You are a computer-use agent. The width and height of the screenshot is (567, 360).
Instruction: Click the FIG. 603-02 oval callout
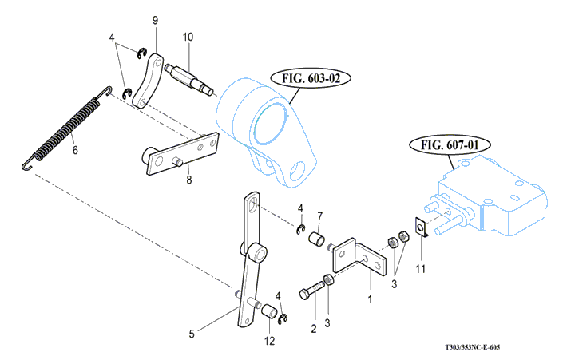(x=311, y=78)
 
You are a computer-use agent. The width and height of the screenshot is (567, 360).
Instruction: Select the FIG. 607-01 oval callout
(x=450, y=145)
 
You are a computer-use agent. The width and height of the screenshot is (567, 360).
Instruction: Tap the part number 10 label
(x=188, y=37)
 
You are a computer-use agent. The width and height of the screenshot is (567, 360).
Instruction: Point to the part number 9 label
(x=155, y=20)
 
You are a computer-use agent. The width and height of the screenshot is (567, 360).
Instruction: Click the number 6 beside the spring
(x=75, y=149)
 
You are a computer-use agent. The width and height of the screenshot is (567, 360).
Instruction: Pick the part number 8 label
(x=188, y=180)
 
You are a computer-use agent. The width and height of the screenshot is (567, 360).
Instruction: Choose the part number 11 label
(x=420, y=269)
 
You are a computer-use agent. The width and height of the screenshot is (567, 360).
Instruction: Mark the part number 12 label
(x=269, y=341)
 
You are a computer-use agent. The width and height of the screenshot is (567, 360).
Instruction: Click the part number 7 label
(x=319, y=216)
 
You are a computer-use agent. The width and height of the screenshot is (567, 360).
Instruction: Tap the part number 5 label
(x=192, y=334)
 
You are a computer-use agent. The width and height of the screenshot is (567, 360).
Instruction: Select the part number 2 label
(x=314, y=329)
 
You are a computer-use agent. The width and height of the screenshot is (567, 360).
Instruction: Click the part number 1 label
(x=370, y=299)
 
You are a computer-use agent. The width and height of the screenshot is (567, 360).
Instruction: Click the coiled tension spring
(x=66, y=128)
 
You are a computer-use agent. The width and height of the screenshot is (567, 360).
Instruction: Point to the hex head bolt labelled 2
(x=312, y=290)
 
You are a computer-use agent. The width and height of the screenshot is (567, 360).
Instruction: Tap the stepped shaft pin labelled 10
(x=188, y=80)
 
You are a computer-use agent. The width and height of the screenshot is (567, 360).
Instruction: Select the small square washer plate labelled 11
(x=422, y=227)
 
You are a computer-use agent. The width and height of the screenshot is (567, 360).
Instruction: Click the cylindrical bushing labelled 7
(x=317, y=239)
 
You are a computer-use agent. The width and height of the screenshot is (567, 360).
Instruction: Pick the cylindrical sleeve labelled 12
(x=270, y=311)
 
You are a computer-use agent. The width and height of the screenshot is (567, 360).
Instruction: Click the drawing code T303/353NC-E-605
(x=472, y=347)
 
